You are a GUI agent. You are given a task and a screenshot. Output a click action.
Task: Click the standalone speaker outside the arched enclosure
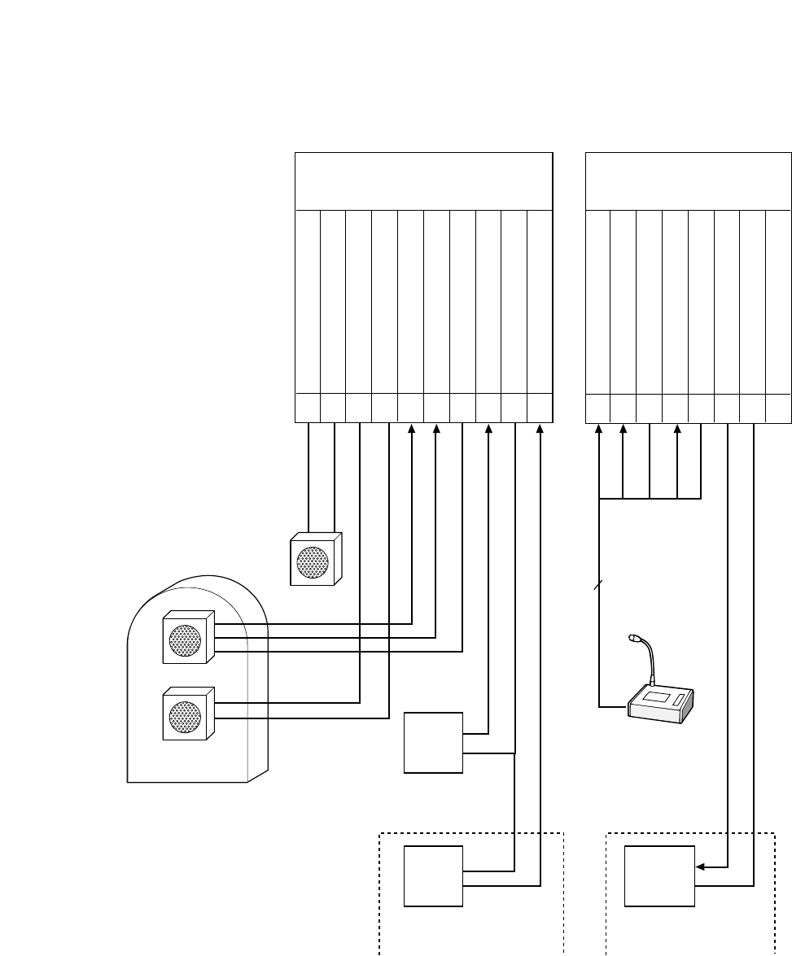314,561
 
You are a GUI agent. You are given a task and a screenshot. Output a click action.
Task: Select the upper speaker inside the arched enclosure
187,639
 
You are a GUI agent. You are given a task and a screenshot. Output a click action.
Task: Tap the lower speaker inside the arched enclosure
187,715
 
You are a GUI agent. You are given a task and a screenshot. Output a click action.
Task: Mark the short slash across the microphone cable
599,585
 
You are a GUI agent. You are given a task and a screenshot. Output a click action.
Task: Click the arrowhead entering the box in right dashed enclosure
699,867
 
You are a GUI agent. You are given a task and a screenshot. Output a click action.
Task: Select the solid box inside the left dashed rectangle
434,876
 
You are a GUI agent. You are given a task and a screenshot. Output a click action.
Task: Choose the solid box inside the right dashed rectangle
659,876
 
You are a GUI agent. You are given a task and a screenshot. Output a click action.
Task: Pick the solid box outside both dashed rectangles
434,743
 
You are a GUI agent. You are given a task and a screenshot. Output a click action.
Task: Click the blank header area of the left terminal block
422,180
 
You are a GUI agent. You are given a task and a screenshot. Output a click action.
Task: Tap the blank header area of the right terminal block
688,180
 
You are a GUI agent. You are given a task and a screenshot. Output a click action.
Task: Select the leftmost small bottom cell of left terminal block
307,408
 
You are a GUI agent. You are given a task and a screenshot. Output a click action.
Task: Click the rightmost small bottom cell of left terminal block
539,408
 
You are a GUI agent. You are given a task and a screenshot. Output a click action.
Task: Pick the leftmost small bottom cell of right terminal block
598,408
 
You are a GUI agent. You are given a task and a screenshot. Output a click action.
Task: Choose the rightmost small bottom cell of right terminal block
779,408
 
